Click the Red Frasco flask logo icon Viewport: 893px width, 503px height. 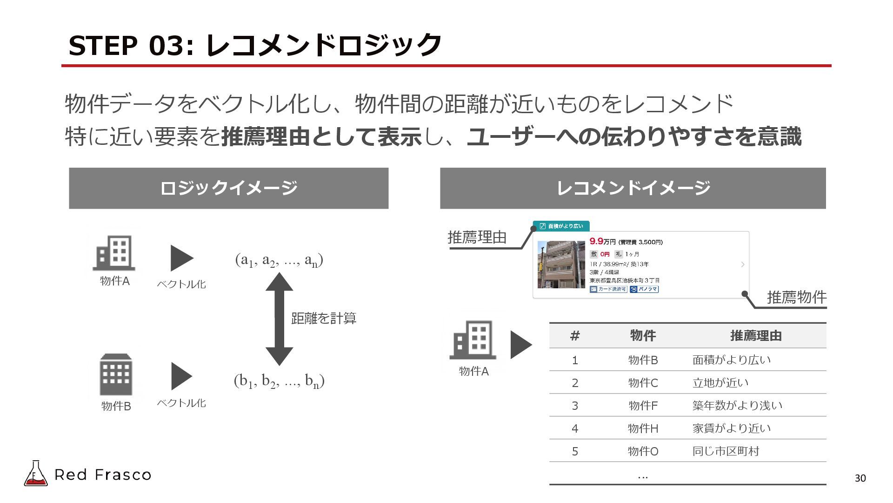(x=35, y=474)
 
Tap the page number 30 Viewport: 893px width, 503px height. (x=860, y=478)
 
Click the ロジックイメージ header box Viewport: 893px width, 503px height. (x=228, y=188)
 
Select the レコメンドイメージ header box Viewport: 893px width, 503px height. (x=633, y=188)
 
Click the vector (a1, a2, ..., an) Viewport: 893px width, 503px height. (x=279, y=260)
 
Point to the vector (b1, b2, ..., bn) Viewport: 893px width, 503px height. (x=279, y=381)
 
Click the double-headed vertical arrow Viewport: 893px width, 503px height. (x=279, y=319)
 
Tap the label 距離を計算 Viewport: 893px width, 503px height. (x=324, y=319)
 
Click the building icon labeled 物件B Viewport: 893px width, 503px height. (x=116, y=375)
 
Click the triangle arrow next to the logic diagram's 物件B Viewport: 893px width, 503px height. (x=181, y=376)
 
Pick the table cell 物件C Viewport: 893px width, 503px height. (x=643, y=383)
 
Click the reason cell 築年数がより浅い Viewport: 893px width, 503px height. (x=737, y=406)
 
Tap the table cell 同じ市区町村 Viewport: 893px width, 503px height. (x=726, y=451)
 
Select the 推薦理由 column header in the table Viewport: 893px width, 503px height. (x=756, y=336)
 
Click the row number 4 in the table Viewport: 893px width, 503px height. (x=575, y=428)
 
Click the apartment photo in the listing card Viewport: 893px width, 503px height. (x=561, y=265)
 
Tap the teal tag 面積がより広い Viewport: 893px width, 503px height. (x=561, y=226)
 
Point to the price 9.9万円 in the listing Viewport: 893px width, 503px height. (x=602, y=241)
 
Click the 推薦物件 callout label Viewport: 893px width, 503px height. (x=796, y=297)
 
